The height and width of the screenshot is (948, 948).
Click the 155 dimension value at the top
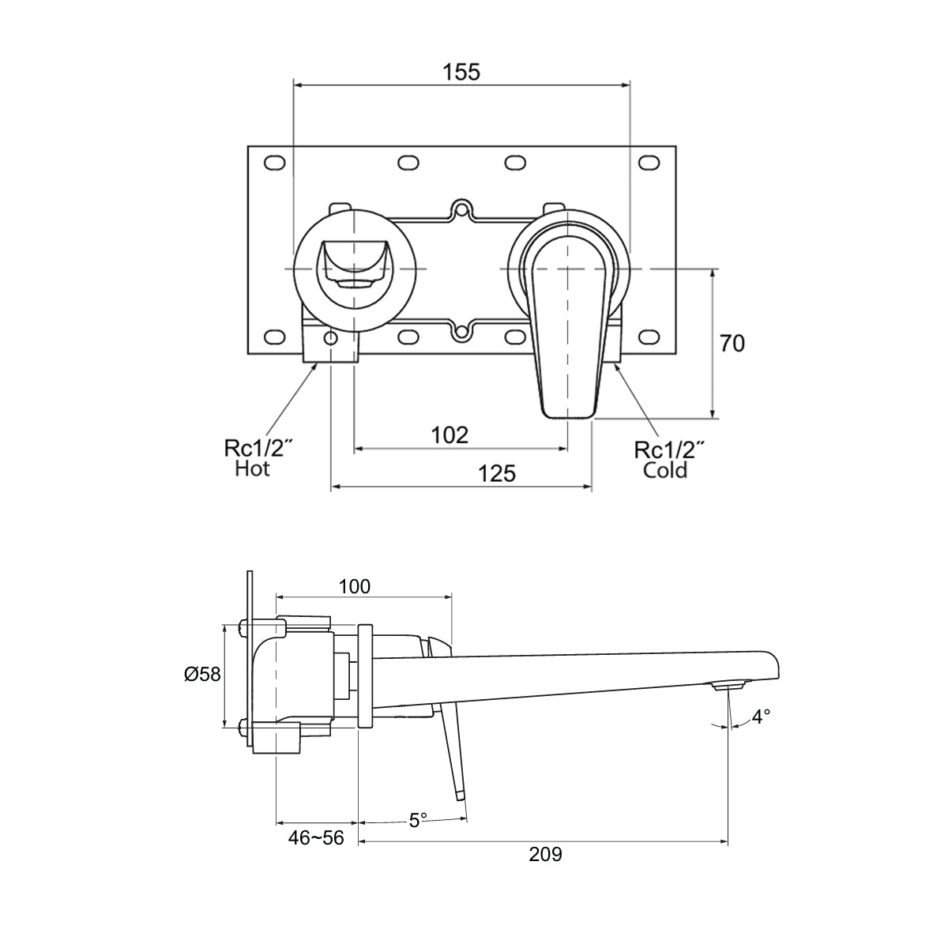461,72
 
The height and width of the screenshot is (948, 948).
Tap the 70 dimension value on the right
732,344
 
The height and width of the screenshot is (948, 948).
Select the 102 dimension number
450,435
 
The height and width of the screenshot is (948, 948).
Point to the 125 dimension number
497,473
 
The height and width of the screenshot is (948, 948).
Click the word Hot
253,469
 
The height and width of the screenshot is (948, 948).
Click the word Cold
665,471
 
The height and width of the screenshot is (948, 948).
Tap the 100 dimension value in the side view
354,586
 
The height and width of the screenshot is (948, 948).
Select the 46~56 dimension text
316,838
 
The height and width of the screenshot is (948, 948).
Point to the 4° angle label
761,717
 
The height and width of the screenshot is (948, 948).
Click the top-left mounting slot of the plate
274,163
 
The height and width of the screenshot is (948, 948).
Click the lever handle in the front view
567,316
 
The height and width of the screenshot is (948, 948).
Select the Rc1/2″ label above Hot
259,450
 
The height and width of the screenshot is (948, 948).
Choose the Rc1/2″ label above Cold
670,450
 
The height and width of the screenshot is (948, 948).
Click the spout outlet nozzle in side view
729,686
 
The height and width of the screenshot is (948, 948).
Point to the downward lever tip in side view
458,794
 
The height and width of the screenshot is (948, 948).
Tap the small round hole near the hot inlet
330,339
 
